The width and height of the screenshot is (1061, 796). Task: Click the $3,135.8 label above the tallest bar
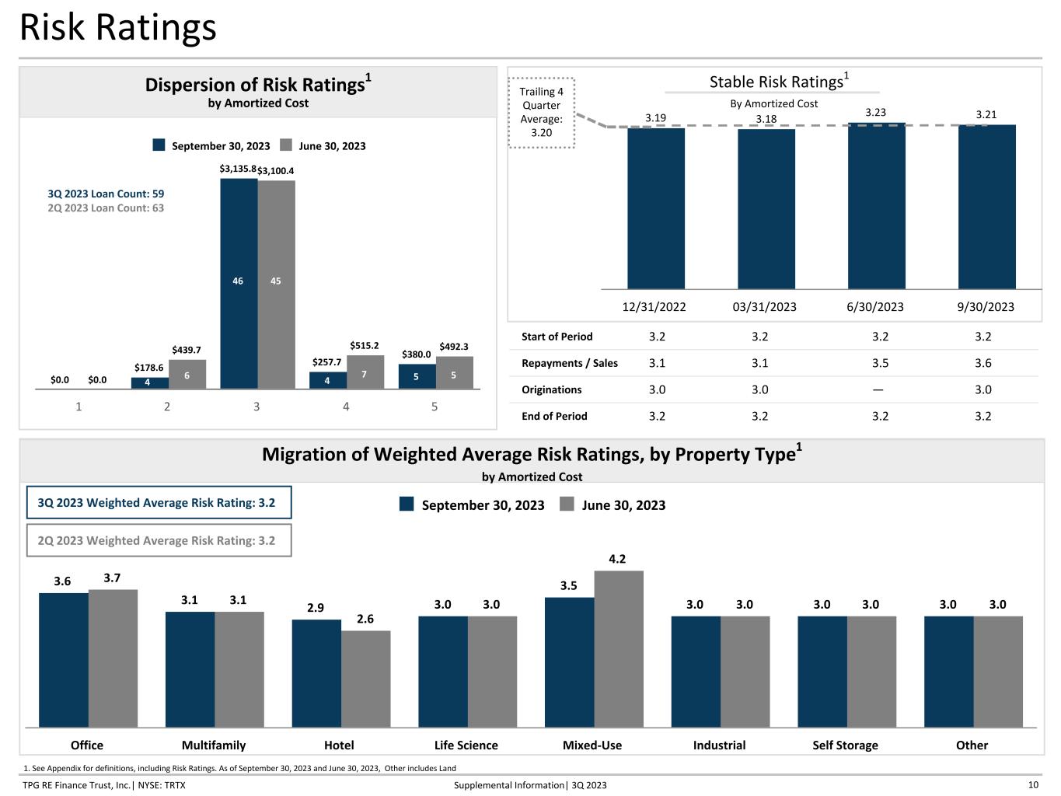coord(238,169)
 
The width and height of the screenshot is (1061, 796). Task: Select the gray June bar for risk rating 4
coord(365,372)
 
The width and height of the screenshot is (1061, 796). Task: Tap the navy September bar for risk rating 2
coord(150,382)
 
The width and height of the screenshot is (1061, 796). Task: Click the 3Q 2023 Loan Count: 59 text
coord(106,194)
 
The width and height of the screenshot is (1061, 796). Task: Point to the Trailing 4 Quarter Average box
coord(541,112)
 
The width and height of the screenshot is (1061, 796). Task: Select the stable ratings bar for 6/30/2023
coord(876,206)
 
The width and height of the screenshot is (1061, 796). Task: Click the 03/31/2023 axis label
coord(764,307)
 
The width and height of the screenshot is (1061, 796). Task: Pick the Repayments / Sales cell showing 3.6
coord(982,363)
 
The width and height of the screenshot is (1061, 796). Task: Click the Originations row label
coord(552,389)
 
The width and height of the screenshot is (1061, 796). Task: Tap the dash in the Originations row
coord(878,389)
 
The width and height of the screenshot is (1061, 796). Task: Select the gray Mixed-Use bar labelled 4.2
coord(619,648)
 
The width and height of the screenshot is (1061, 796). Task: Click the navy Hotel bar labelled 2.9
coord(316,673)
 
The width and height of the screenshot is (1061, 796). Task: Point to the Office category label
coord(87,745)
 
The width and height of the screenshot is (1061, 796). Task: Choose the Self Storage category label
coord(845,745)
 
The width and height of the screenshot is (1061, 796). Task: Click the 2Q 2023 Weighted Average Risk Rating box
coord(159,540)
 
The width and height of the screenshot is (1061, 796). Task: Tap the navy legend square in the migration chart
coord(407,504)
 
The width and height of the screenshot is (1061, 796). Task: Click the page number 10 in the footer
coord(1033,785)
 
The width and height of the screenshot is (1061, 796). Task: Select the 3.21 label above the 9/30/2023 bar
coord(986,114)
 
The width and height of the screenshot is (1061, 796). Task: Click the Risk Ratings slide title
coord(118,27)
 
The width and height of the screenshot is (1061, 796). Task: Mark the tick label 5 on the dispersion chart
coord(435,407)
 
